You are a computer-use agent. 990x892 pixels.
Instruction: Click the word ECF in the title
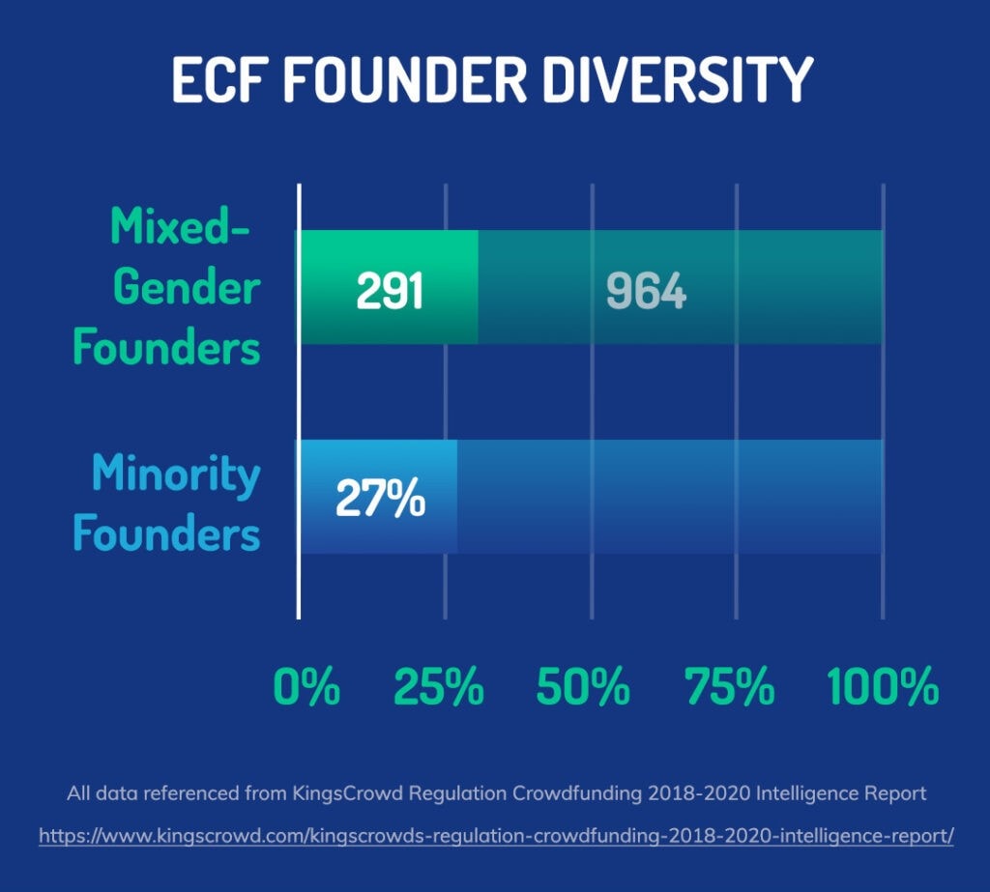click(x=217, y=79)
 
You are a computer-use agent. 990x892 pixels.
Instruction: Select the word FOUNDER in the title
click(x=404, y=79)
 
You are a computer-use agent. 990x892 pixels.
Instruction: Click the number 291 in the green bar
click(x=389, y=291)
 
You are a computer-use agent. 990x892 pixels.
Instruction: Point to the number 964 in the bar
click(x=646, y=291)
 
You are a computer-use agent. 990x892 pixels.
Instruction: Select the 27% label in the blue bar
click(x=380, y=498)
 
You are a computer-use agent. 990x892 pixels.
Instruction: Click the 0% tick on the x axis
click(x=306, y=686)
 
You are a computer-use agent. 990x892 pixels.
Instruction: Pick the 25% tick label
click(x=439, y=686)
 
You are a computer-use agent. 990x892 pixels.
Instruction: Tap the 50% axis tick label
click(x=583, y=686)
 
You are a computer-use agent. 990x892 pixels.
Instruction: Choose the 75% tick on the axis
click(x=729, y=686)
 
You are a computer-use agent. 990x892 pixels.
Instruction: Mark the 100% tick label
click(x=883, y=686)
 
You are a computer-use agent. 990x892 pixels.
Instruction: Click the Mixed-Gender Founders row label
click(x=166, y=286)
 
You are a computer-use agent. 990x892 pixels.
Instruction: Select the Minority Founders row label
click(x=166, y=504)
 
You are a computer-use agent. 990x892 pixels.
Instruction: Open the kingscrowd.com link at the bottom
click(x=496, y=836)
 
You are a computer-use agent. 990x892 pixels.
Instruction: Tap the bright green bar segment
click(x=389, y=287)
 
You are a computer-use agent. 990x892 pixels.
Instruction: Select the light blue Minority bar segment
click(x=378, y=497)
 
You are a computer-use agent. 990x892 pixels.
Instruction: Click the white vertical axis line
click(x=299, y=401)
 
